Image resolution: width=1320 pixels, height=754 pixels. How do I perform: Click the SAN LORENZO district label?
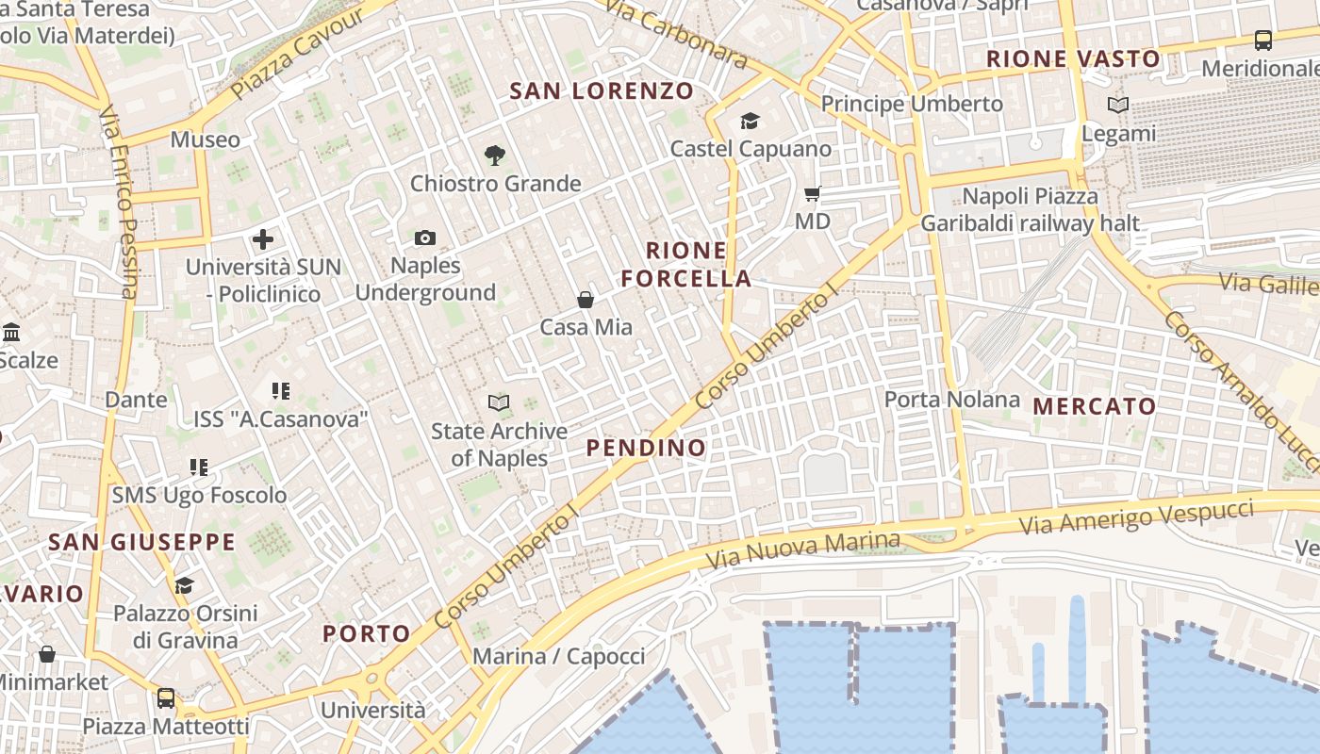602,91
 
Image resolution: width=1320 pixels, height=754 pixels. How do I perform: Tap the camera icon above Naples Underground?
425,238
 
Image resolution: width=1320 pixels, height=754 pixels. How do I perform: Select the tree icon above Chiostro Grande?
494,156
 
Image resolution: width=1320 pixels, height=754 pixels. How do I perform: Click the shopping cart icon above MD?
812,194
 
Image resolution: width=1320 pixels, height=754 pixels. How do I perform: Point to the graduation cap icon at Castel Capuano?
750,121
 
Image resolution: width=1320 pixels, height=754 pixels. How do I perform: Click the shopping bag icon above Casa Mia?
586,300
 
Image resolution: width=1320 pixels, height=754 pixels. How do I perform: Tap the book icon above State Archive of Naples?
499,403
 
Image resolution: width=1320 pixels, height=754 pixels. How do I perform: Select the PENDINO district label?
646,448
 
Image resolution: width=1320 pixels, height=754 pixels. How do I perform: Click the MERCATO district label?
1095,407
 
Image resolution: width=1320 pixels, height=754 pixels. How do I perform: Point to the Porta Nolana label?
951,400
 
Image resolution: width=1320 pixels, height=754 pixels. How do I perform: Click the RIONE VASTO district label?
1073,59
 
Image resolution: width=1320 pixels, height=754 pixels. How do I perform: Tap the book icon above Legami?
1118,106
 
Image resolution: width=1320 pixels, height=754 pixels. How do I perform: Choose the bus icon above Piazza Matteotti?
166,698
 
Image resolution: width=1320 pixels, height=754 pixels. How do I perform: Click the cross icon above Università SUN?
263,239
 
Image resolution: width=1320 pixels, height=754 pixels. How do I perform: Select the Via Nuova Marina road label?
803,551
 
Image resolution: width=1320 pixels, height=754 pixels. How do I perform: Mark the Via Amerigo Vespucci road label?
1136,517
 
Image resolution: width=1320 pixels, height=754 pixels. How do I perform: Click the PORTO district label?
367,633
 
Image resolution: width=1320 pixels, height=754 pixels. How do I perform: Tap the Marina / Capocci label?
558,656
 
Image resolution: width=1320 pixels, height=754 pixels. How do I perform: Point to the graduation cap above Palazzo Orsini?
185,585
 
